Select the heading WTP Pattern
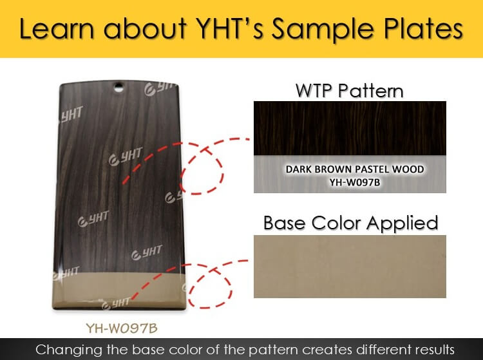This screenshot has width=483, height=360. pyautogui.click(x=349, y=91)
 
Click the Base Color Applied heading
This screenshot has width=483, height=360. pyautogui.click(x=350, y=223)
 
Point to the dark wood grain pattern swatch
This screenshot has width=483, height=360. pyautogui.click(x=350, y=128)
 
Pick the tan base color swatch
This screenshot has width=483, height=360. pyautogui.click(x=350, y=267)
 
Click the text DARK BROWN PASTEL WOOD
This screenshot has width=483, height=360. pyautogui.click(x=355, y=169)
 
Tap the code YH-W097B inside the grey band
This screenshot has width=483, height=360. pyautogui.click(x=355, y=183)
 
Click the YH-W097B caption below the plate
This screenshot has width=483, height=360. pyautogui.click(x=122, y=328)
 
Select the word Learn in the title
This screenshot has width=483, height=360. pyautogui.click(x=56, y=28)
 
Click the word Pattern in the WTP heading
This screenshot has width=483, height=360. pyautogui.click(x=370, y=91)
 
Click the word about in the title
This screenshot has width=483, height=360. pyautogui.click(x=145, y=28)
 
